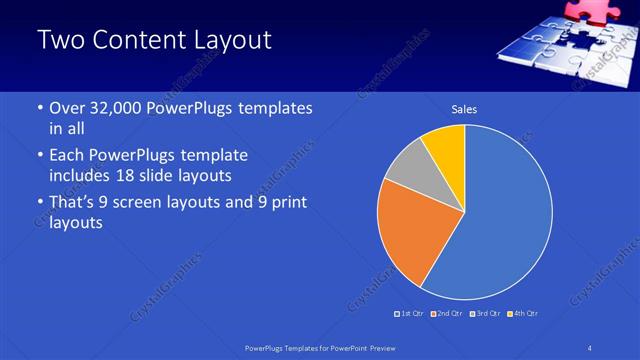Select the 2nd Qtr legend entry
point(448,314)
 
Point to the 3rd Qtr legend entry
point(485,314)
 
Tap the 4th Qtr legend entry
point(522,314)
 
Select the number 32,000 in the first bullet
point(120,108)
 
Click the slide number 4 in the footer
point(591,348)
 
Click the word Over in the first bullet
point(66,108)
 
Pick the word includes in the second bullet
point(82,176)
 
